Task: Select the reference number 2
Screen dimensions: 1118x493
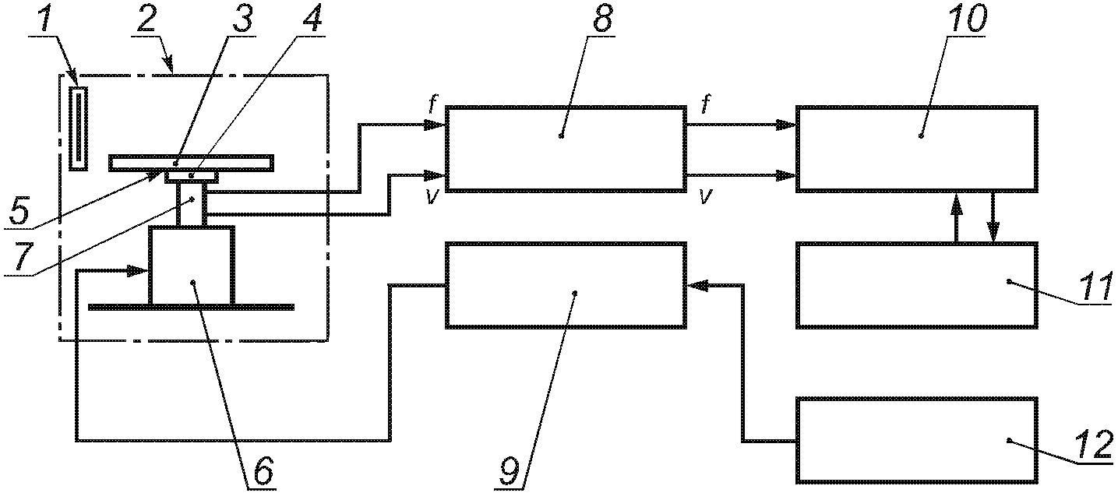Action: tap(146, 19)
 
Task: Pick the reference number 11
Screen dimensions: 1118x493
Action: tap(1095, 287)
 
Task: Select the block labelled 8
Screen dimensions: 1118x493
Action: tap(566, 149)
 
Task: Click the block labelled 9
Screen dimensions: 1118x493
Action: tap(566, 285)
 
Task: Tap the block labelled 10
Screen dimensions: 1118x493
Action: tap(917, 149)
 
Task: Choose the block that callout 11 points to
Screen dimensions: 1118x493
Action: tap(917, 285)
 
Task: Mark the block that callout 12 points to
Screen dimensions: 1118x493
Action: tap(917, 439)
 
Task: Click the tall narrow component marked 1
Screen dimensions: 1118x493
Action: tap(79, 129)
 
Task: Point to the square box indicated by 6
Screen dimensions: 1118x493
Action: tap(191, 266)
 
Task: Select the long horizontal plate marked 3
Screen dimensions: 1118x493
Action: tap(191, 164)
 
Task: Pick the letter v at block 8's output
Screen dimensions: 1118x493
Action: tap(705, 196)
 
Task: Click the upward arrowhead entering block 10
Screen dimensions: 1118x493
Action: tap(956, 202)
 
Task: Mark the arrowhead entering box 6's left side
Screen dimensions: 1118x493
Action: tap(137, 271)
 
